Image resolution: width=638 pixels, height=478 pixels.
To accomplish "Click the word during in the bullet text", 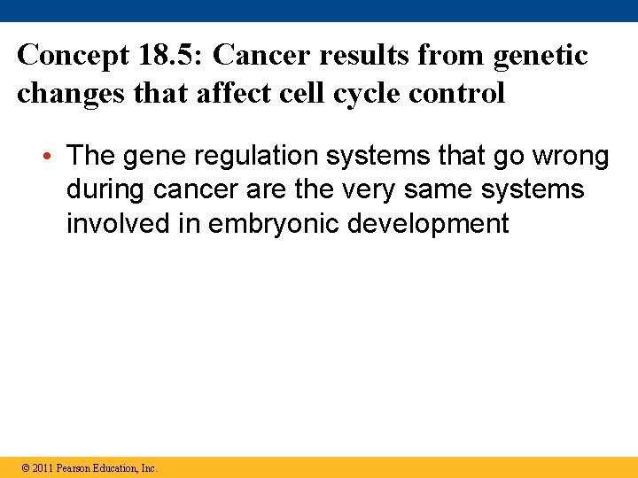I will pyautogui.click(x=106, y=189).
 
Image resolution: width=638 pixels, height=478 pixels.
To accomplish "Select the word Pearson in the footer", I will pyautogui.click(x=74, y=468).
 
